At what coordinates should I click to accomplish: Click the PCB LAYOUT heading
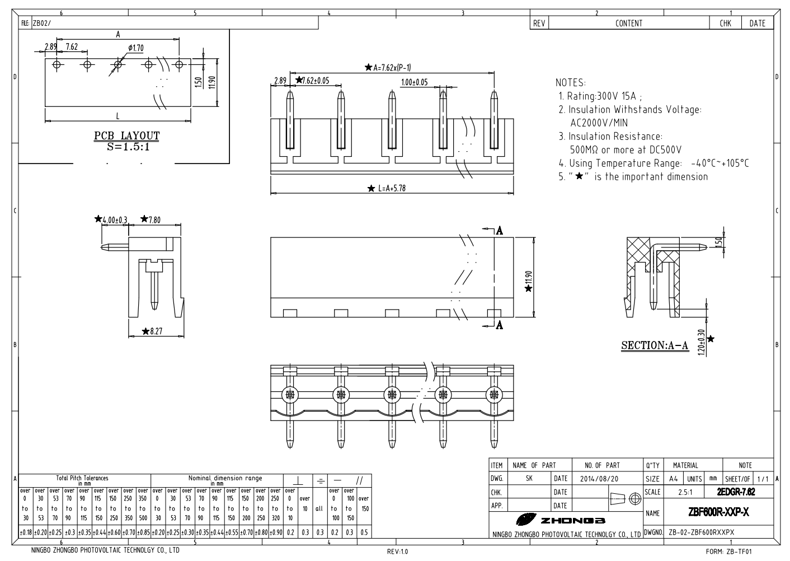pyautogui.click(x=126, y=135)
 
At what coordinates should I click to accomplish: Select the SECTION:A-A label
pyautogui.click(x=655, y=345)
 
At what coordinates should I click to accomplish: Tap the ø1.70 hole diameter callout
pyautogui.click(x=136, y=48)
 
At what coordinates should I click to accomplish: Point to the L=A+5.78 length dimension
pyautogui.click(x=390, y=189)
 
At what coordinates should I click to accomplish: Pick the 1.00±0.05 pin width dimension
pyautogui.click(x=414, y=82)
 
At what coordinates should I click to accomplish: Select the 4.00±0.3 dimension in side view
pyautogui.click(x=114, y=219)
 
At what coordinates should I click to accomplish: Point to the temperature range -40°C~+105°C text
pyautogui.click(x=720, y=163)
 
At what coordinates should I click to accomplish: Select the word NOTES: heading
pyautogui.click(x=571, y=82)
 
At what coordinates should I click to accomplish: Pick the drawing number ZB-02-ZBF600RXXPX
pyautogui.click(x=701, y=532)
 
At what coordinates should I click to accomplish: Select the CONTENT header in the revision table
pyautogui.click(x=629, y=24)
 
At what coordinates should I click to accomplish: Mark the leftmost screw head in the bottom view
pyautogui.click(x=290, y=394)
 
